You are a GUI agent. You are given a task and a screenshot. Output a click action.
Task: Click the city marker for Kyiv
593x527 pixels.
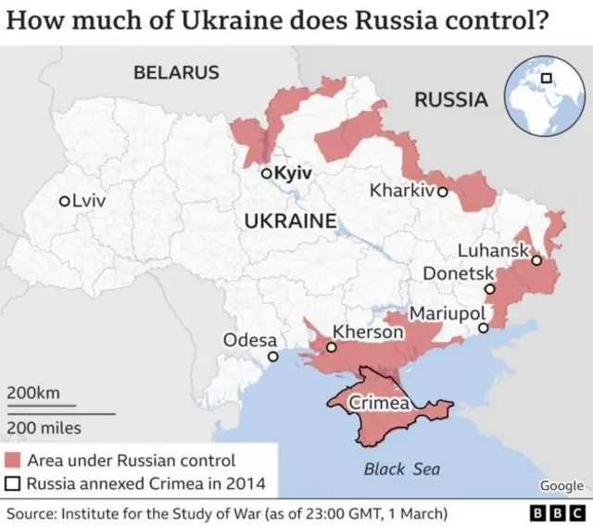pyautogui.click(x=265, y=173)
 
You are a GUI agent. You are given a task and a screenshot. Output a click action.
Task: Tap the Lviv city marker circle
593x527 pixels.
pyautogui.click(x=64, y=201)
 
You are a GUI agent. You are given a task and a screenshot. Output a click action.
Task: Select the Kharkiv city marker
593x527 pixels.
pyautogui.click(x=442, y=193)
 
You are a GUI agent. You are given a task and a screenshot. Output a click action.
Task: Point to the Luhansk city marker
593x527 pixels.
pyautogui.click(x=536, y=261)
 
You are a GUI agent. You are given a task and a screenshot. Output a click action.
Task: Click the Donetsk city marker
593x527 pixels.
pyautogui.click(x=490, y=289)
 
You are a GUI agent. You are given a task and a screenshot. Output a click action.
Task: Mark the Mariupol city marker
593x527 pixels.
pyautogui.click(x=482, y=328)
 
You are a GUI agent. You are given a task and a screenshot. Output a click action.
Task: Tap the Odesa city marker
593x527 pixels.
pyautogui.click(x=272, y=357)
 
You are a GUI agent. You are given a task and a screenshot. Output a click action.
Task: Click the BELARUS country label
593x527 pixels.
pyautogui.click(x=176, y=72)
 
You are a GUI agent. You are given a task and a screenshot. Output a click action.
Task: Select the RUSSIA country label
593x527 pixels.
pyautogui.click(x=450, y=100)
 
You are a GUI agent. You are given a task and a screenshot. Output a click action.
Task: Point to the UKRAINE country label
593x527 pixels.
pyautogui.click(x=289, y=220)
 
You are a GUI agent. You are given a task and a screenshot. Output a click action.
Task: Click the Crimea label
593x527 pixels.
pyautogui.click(x=379, y=404)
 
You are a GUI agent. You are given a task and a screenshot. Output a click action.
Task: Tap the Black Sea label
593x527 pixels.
pyautogui.click(x=401, y=469)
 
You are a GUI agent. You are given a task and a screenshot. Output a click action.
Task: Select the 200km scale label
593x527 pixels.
pyautogui.click(x=33, y=393)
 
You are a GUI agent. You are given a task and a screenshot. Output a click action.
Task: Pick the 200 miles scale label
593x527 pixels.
pyautogui.click(x=44, y=428)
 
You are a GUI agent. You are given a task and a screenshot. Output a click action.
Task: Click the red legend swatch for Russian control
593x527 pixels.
pyautogui.click(x=13, y=460)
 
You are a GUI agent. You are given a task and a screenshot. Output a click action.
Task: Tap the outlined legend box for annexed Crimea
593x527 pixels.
pyautogui.click(x=13, y=483)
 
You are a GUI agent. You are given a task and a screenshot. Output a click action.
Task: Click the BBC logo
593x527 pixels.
pyautogui.click(x=556, y=513)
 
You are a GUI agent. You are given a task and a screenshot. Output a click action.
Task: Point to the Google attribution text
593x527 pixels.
pyautogui.click(x=561, y=486)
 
